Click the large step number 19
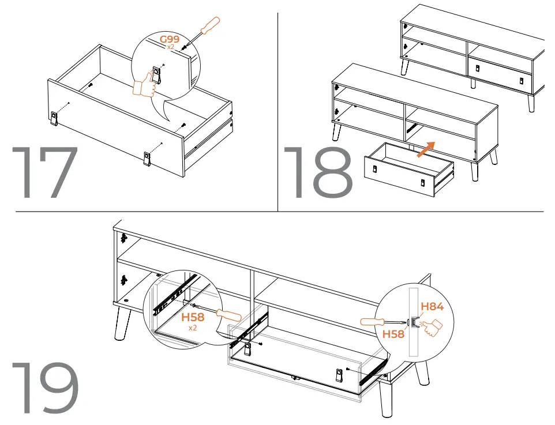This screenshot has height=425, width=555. coord(45,388)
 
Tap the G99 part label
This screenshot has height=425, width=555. coord(170,39)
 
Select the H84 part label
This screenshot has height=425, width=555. coord(432,307)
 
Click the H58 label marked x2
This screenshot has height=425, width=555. coord(193,318)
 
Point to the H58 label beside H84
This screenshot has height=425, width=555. coord(393,333)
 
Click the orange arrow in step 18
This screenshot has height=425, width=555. coord(426,148)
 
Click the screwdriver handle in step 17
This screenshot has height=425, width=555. coord(208,26)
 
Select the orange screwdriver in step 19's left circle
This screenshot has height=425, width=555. coord(229,315)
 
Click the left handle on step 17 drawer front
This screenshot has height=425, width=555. coord(54,119)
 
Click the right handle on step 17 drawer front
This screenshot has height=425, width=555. coord(147,158)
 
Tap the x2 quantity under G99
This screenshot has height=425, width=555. coord(171,47)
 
